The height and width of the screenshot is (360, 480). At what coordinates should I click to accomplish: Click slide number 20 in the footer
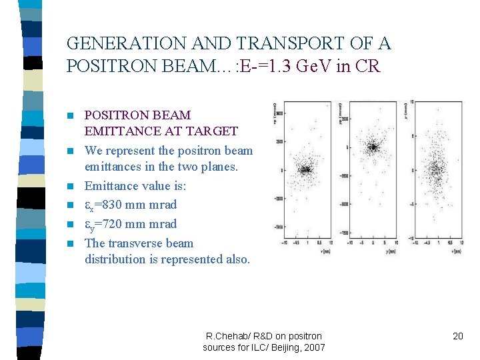pos(457,336)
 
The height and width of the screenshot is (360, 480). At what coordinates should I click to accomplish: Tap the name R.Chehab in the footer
pos(226,336)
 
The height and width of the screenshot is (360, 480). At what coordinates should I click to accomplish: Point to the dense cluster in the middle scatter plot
pos(373,147)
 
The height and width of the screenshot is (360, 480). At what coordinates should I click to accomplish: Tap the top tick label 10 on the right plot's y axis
pos(413,103)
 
